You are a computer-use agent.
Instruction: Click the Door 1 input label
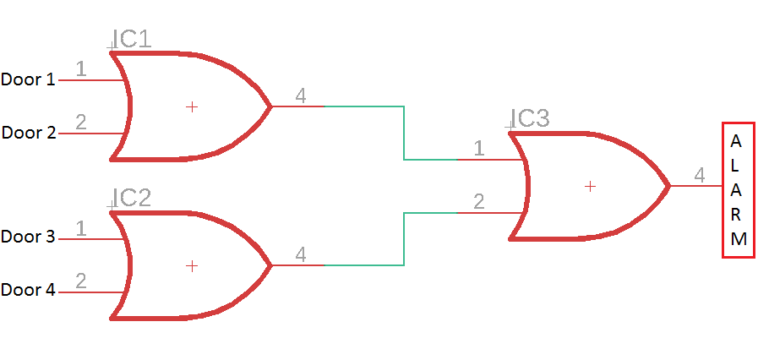(x=28, y=80)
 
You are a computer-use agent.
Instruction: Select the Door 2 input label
(x=28, y=133)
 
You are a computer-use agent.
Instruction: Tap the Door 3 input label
(x=28, y=237)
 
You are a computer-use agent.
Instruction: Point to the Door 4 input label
(x=28, y=290)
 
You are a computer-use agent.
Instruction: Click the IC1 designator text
(x=133, y=38)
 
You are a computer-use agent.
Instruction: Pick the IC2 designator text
(x=133, y=198)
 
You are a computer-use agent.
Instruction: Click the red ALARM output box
(x=738, y=190)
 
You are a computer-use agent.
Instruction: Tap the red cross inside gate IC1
(x=192, y=106)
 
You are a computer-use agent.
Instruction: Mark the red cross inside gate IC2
(x=192, y=265)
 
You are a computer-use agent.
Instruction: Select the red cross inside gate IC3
(x=590, y=186)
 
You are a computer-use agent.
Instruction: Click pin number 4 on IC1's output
(x=300, y=95)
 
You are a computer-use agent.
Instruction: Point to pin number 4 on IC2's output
(x=300, y=254)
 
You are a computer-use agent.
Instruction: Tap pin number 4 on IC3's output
(x=699, y=175)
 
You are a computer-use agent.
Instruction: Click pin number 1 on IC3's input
(x=479, y=149)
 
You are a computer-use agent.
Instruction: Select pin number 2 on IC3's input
(x=479, y=202)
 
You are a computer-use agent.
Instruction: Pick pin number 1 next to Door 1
(x=81, y=69)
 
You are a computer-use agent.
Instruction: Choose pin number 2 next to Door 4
(x=81, y=281)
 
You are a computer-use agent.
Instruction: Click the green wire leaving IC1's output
(x=404, y=132)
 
